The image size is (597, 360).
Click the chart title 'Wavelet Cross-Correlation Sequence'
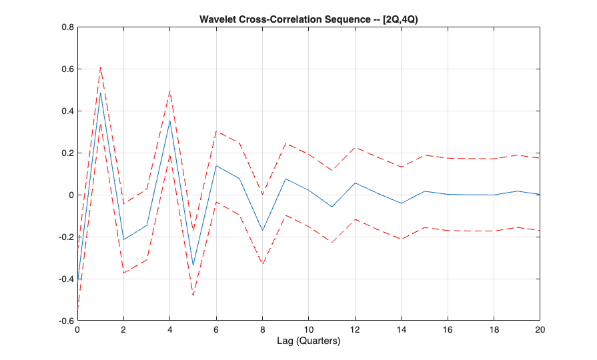tap(308, 19)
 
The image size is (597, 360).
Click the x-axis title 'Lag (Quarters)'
tap(308, 342)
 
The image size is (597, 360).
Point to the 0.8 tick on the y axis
tap(67, 28)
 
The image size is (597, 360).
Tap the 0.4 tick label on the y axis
tap(67, 111)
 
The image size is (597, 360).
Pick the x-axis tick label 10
tap(308, 330)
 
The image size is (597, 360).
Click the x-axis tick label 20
tap(540, 330)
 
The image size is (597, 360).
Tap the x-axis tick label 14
tap(401, 330)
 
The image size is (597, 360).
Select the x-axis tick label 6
tap(216, 330)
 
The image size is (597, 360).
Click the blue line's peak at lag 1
tap(101, 93)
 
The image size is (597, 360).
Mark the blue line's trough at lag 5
tap(193, 265)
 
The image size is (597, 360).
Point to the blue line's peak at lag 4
tap(170, 121)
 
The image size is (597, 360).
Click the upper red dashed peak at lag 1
tap(101, 67)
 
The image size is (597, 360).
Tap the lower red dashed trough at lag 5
tap(193, 295)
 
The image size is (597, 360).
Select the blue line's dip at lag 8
tap(262, 231)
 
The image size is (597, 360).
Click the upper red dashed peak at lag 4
tap(170, 91)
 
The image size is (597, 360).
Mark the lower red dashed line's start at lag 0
tap(77, 312)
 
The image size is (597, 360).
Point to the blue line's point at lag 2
tap(123, 239)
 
